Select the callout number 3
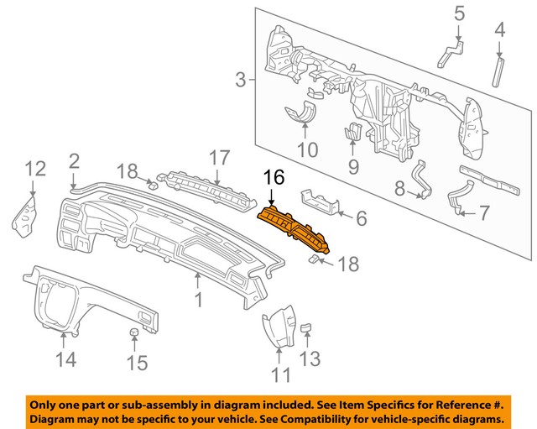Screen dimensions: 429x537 tap(240, 81)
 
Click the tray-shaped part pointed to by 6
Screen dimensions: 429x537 tap(306, 150)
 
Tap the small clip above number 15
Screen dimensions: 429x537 tap(133, 337)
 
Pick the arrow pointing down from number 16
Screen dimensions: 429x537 tap(273, 196)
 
